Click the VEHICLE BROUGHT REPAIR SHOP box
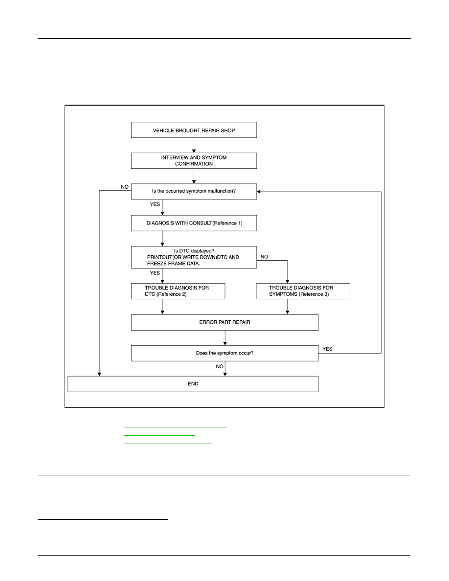(194, 130)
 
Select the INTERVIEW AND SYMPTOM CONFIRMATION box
(194, 161)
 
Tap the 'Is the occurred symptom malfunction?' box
(194, 191)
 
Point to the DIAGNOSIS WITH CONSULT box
(194, 223)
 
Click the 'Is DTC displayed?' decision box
(194, 257)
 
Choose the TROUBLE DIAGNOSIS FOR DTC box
(178, 291)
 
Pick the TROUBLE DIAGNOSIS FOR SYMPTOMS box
(303, 291)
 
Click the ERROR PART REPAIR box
(224, 322)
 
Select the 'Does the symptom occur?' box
(224, 353)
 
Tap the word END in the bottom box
(193, 384)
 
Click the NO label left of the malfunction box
(125, 187)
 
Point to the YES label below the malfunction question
(155, 204)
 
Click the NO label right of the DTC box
(264, 257)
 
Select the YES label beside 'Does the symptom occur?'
(328, 349)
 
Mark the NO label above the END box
(220, 366)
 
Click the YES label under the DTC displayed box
(155, 273)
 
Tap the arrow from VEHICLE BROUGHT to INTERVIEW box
(194, 145)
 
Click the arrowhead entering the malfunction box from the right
(259, 192)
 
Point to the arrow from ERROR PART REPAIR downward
(225, 338)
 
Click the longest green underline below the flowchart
(175, 427)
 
